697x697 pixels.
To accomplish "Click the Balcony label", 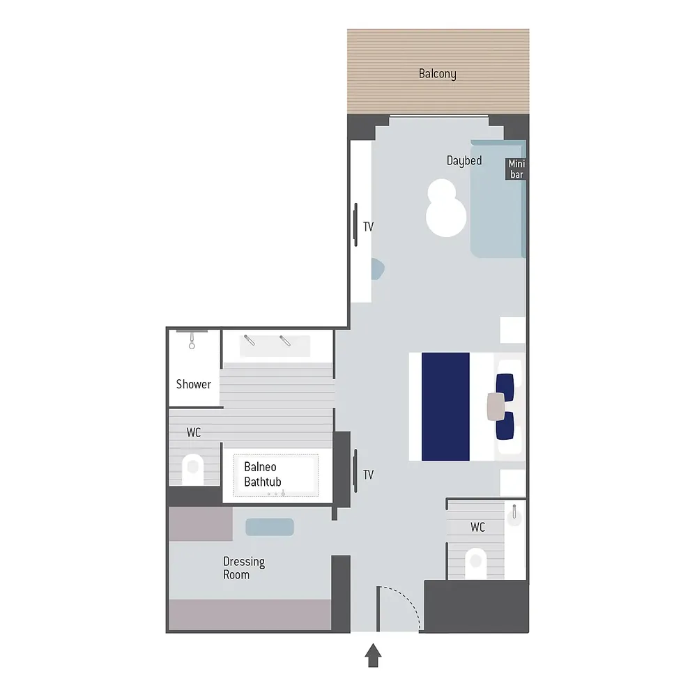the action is click(x=438, y=74).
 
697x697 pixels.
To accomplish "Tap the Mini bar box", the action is click(x=516, y=169).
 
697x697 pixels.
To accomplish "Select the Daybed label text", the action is click(x=464, y=160).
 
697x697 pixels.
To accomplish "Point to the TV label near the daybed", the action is click(x=368, y=227).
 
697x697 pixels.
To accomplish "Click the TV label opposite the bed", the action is click(x=368, y=475).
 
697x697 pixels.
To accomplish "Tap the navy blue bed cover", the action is click(x=445, y=407).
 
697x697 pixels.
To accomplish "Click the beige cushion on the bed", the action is click(x=496, y=407).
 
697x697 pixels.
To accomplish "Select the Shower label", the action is click(x=193, y=384).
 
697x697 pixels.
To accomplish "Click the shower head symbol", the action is click(x=192, y=340).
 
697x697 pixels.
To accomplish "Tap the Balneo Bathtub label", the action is click(x=263, y=474).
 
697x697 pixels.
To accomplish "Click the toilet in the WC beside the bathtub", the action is click(x=193, y=469).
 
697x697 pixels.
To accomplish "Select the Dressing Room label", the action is click(x=243, y=568).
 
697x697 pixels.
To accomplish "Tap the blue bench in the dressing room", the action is click(x=270, y=527).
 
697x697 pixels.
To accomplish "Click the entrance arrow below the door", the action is click(x=374, y=655).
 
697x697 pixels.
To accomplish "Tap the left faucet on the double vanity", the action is click(x=249, y=341).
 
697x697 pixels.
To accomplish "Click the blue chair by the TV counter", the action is click(x=378, y=269).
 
